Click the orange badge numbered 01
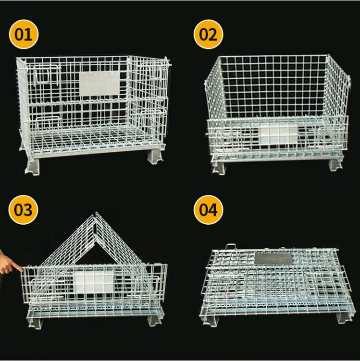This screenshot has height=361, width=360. click(x=24, y=35)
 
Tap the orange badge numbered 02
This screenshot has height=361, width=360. click(x=209, y=35)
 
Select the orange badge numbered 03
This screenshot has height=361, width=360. click(x=24, y=210)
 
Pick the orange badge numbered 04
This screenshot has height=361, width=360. click(x=209, y=210)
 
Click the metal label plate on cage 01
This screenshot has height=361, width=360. click(x=99, y=83)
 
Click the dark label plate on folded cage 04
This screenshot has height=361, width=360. click(x=273, y=259)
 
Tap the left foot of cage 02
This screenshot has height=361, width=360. click(x=218, y=168)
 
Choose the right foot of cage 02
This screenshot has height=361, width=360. click(x=335, y=165)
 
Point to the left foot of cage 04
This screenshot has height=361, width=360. click(x=211, y=320)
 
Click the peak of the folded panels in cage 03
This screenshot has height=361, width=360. click(x=95, y=215)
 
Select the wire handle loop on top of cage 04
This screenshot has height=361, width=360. click(x=231, y=247)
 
